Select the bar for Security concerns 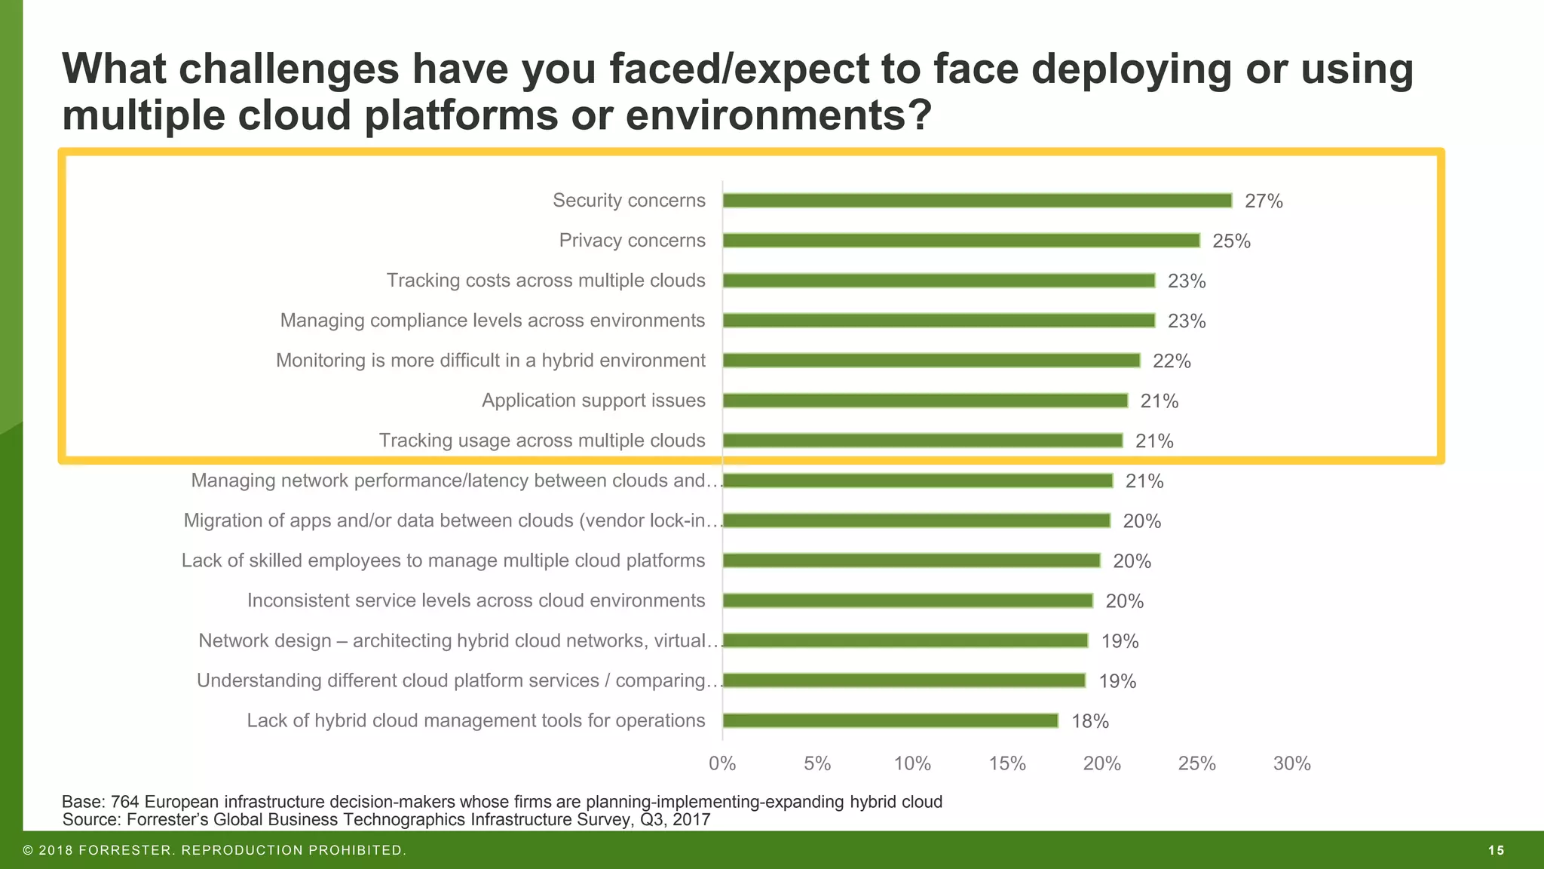pyautogui.click(x=977, y=201)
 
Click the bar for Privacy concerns pyautogui.click(x=961, y=241)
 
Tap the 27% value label pyautogui.click(x=1264, y=201)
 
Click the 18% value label pyautogui.click(x=1090, y=722)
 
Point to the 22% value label pyautogui.click(x=1172, y=361)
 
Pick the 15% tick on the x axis pyautogui.click(x=1007, y=763)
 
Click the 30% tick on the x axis pyautogui.click(x=1292, y=763)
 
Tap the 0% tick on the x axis pyautogui.click(x=722, y=763)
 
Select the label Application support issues pyautogui.click(x=593, y=401)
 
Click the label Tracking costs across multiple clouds pyautogui.click(x=546, y=281)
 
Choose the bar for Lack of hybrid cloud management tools pyautogui.click(x=890, y=720)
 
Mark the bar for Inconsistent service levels pyautogui.click(x=908, y=600)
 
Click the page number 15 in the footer pyautogui.click(x=1497, y=851)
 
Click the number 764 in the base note pyautogui.click(x=125, y=802)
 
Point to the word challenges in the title pyautogui.click(x=289, y=69)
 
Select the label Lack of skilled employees pyautogui.click(x=443, y=560)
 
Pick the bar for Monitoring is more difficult pyautogui.click(x=931, y=361)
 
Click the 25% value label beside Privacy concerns pyautogui.click(x=1231, y=241)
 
